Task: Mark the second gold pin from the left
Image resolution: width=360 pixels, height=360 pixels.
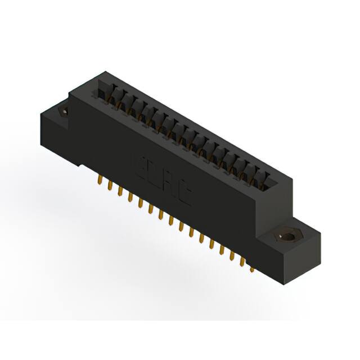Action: pyautogui.click(x=109, y=188)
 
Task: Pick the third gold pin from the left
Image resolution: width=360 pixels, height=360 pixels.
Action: pyautogui.click(x=120, y=193)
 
